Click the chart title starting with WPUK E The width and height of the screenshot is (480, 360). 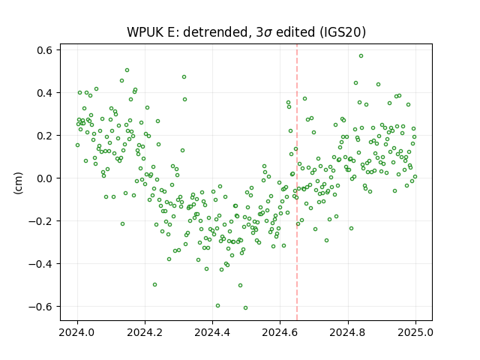[x=246, y=31]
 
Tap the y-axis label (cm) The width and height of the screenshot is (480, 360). [x=18, y=183]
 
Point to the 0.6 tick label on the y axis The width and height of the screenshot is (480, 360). [x=44, y=50]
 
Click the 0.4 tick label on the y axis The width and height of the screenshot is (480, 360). [x=44, y=93]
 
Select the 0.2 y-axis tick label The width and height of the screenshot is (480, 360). [x=44, y=135]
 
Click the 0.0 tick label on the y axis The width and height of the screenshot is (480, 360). [x=44, y=178]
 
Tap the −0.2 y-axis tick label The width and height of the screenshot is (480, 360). [x=40, y=221]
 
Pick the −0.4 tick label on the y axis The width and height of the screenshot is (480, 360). [x=40, y=263]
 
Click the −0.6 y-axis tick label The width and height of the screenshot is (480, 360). [x=40, y=307]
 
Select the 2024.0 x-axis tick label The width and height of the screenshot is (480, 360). [x=77, y=332]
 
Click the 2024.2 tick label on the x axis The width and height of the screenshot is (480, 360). [x=145, y=332]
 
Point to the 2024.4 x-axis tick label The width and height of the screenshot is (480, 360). [x=212, y=332]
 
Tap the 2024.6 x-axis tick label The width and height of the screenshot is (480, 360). [x=280, y=332]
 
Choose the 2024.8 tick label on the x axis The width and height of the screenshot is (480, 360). [x=348, y=332]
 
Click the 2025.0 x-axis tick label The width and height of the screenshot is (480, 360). [x=415, y=332]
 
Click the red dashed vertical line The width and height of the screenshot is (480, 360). [x=297, y=182]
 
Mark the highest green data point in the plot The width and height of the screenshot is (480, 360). [x=361, y=56]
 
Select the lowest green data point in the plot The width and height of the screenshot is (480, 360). [x=245, y=308]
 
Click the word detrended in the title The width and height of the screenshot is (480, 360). [x=215, y=31]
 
